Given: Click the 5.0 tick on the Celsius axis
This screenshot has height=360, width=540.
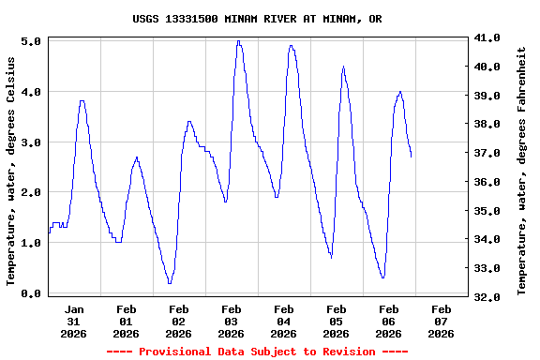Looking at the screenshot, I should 30,41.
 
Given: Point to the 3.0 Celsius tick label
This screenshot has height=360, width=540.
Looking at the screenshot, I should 30,142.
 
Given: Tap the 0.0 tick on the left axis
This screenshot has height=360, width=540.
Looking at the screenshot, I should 30,293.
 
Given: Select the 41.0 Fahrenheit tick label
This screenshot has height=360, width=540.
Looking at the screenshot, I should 489,37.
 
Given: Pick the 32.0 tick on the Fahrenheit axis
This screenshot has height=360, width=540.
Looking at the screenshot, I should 489,297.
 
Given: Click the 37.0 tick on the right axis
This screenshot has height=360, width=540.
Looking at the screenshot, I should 489,153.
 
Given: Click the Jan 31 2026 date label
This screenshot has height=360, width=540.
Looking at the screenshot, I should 74,321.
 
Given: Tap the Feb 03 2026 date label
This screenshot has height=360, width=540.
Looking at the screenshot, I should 231,321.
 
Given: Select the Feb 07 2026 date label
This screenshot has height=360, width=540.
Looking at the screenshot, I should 441,321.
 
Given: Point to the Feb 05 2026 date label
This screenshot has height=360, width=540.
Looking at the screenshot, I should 336,321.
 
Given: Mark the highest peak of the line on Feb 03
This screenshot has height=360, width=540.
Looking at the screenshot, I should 239,41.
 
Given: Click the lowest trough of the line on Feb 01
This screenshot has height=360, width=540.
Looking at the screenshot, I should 170,282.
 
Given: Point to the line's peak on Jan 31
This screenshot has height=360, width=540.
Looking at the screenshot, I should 82,100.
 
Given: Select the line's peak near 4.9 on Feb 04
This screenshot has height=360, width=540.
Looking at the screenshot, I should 292,45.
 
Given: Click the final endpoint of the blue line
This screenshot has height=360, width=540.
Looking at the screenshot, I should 411,157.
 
